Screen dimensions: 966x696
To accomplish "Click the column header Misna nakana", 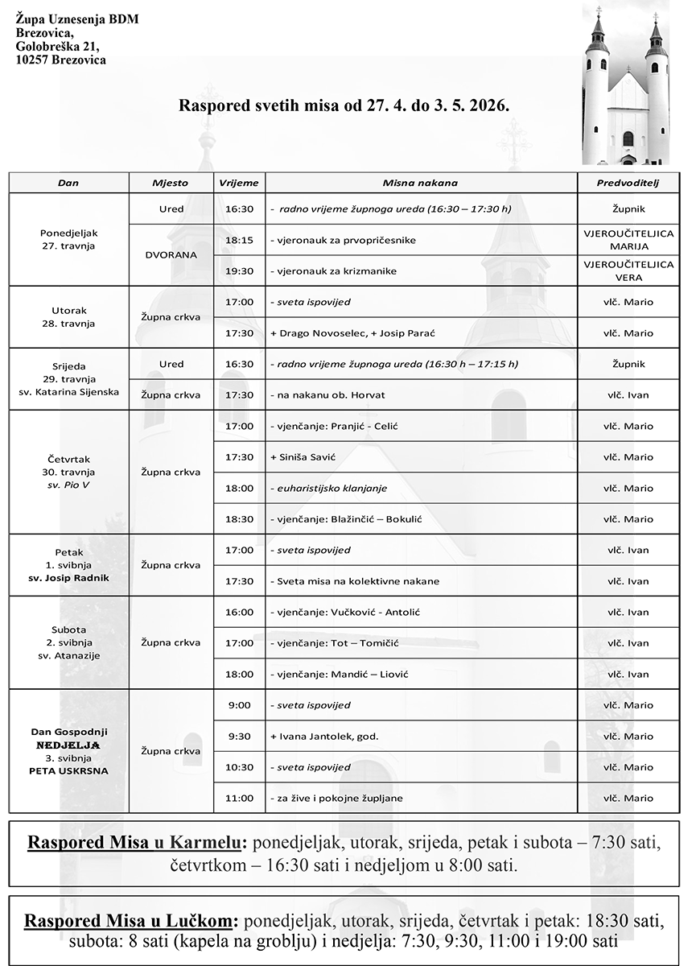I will point(420,183).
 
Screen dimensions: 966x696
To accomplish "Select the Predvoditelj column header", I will point(627,183).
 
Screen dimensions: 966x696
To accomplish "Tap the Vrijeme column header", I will point(239,183).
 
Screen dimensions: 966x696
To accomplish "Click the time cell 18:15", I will point(239,240).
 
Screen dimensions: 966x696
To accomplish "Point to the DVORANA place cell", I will point(171,255).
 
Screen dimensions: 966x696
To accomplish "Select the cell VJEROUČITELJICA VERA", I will point(628,270).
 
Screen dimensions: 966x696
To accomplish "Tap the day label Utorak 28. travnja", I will point(68,317).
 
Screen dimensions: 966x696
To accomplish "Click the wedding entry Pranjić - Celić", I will point(336,426).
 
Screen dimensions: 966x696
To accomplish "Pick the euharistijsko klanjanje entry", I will point(331,488).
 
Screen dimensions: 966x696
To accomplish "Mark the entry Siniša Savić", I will point(303,457).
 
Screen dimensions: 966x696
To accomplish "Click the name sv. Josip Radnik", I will point(68,578).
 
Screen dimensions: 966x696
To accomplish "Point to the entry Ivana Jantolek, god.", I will point(325,737).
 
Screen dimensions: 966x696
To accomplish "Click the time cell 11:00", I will point(239,798).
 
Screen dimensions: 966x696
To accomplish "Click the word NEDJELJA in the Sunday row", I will point(68,745).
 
